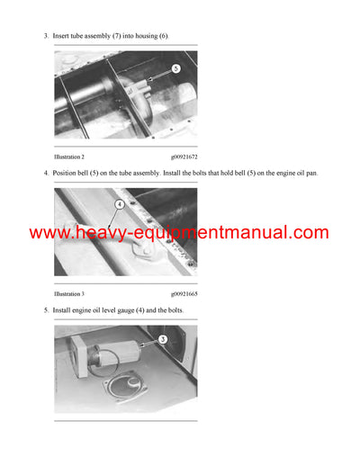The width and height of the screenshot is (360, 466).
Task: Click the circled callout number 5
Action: coord(176,67)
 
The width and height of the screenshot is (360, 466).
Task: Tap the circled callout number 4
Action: coord(118,203)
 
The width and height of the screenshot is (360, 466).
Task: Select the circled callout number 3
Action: coord(162,339)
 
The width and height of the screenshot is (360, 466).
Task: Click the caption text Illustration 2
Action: coord(69,157)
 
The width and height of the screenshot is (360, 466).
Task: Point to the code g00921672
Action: coord(184,157)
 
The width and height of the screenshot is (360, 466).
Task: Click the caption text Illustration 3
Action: coord(69,293)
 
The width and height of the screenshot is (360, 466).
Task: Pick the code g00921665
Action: coord(184,293)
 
